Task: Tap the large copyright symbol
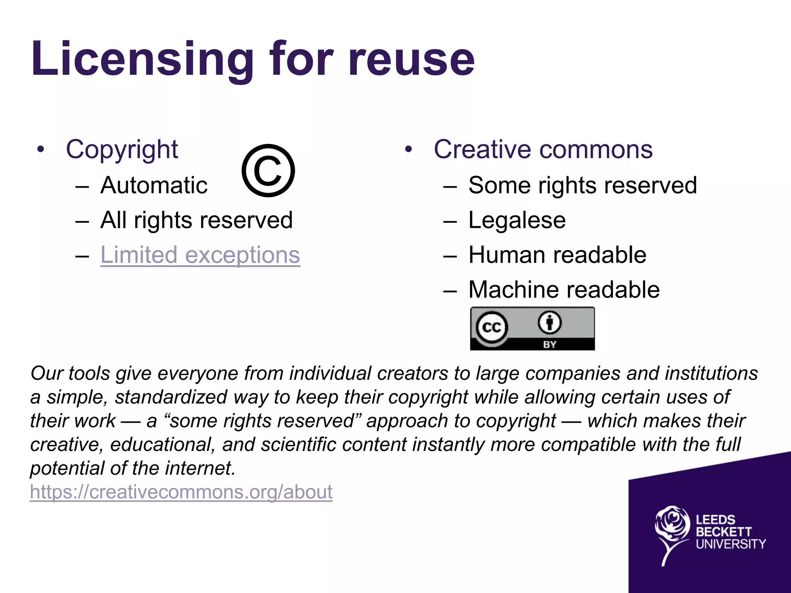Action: (x=268, y=171)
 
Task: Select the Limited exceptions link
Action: (x=200, y=255)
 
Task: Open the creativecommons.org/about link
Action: (x=181, y=492)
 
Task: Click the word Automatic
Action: (x=154, y=185)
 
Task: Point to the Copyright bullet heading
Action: (x=122, y=150)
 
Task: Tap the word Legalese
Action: (x=517, y=220)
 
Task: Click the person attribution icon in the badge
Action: (x=550, y=322)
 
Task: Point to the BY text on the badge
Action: (x=550, y=344)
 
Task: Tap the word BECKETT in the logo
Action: (x=723, y=532)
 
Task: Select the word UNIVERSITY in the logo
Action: (x=731, y=544)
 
